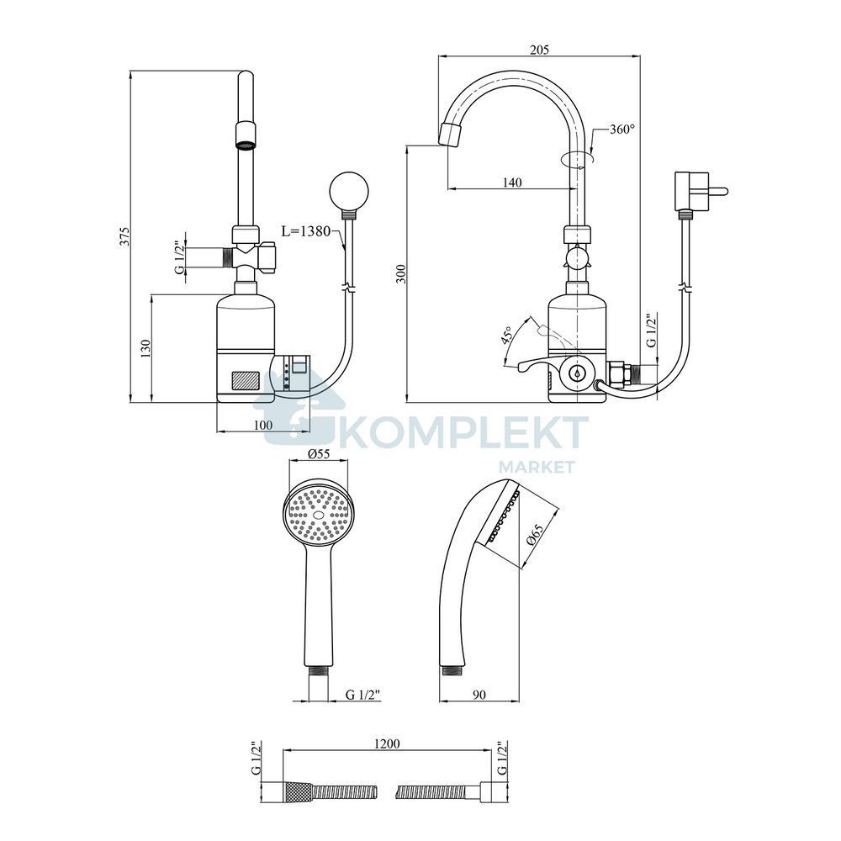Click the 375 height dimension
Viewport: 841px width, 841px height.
coord(124,236)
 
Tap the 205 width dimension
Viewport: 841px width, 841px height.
coord(540,50)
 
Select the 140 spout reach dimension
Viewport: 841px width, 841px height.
coord(511,182)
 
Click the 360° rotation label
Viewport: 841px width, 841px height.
coord(621,129)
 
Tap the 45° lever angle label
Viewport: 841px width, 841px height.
coord(505,335)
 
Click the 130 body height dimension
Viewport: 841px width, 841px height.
coord(145,349)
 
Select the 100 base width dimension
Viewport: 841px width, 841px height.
coord(262,426)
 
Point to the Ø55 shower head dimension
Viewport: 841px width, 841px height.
coord(319,454)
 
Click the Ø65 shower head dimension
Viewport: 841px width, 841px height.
coord(535,535)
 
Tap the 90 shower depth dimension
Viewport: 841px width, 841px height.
coord(479,695)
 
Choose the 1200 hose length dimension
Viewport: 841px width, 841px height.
coord(387,743)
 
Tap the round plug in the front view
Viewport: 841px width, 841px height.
coord(349,190)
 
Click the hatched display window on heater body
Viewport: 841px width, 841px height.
coord(246,381)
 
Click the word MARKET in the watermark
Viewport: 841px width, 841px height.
coord(537,467)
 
